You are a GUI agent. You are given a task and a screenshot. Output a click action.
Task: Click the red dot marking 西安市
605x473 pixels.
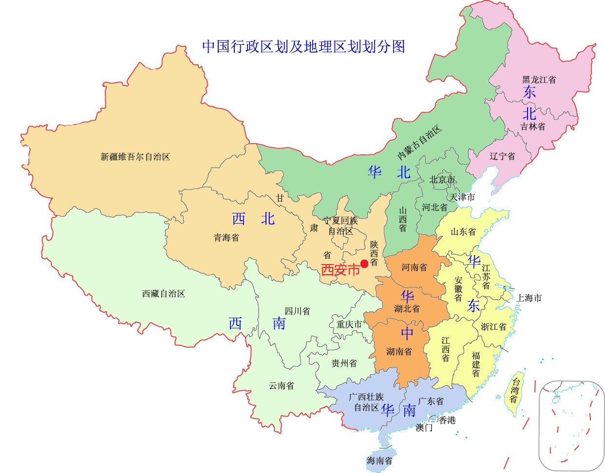(x=364, y=264)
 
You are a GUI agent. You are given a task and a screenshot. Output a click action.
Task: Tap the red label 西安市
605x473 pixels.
(x=340, y=270)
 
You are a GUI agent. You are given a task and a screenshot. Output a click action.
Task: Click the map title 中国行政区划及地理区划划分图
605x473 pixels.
(x=303, y=47)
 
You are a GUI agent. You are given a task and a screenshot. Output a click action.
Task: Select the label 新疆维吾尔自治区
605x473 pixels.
(x=135, y=157)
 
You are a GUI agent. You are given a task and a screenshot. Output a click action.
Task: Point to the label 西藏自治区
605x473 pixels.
(x=164, y=294)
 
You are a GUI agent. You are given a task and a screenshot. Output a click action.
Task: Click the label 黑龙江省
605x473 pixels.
(x=539, y=79)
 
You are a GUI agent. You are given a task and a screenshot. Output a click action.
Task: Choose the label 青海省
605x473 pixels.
(x=227, y=238)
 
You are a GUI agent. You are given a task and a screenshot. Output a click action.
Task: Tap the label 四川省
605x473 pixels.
(x=297, y=311)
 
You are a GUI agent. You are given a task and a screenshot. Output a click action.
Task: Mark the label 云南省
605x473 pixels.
(x=282, y=386)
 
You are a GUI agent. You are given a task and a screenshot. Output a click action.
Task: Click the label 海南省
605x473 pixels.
(x=379, y=460)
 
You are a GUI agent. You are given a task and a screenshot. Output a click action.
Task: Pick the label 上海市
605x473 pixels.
(x=529, y=298)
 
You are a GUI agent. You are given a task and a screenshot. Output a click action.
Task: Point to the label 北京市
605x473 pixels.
(x=442, y=180)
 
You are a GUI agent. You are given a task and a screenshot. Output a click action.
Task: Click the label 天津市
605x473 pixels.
(x=462, y=197)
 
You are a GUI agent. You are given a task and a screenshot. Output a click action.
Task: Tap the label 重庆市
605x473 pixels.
(x=349, y=324)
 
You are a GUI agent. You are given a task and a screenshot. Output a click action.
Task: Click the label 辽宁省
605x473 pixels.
(x=502, y=156)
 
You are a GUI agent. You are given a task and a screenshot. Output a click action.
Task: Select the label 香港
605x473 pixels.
(x=447, y=420)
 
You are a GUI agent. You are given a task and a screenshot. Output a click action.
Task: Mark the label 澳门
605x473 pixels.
(x=424, y=428)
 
